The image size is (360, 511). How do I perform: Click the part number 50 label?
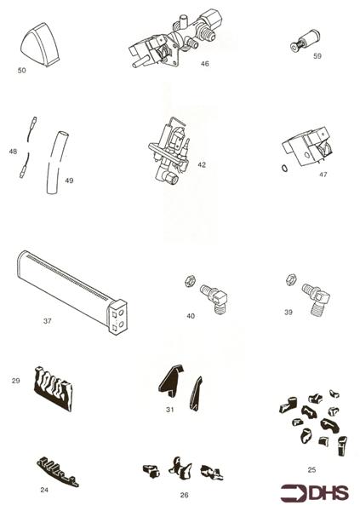(x=21, y=71)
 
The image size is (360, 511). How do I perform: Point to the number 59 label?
(x=317, y=56)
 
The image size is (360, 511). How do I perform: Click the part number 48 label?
(x=13, y=152)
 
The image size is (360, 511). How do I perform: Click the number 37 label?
(x=48, y=322)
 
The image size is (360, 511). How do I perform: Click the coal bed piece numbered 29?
(x=52, y=388)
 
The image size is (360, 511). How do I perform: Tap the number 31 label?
(x=170, y=410)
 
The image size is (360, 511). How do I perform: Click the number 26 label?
(x=184, y=494)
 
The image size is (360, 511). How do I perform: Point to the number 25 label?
(x=311, y=469)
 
